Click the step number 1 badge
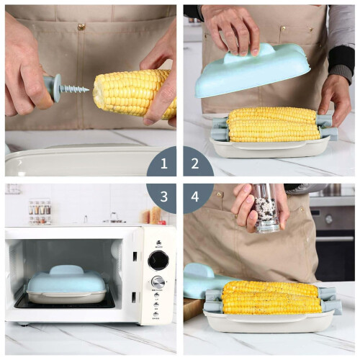tap(163, 163)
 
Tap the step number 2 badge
tap(195, 163)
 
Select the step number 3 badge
tap(163, 197)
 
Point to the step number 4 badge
tap(195, 197)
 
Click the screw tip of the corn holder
tap(89, 90)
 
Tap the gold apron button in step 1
tap(81, 27)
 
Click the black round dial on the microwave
tap(158, 261)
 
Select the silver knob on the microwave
tap(158, 282)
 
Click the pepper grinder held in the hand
tap(266, 208)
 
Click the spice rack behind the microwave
tap(40, 211)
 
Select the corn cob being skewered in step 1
tap(135, 94)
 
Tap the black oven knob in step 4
tap(328, 219)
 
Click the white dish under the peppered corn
tap(269, 321)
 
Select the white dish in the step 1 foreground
tap(79, 161)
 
